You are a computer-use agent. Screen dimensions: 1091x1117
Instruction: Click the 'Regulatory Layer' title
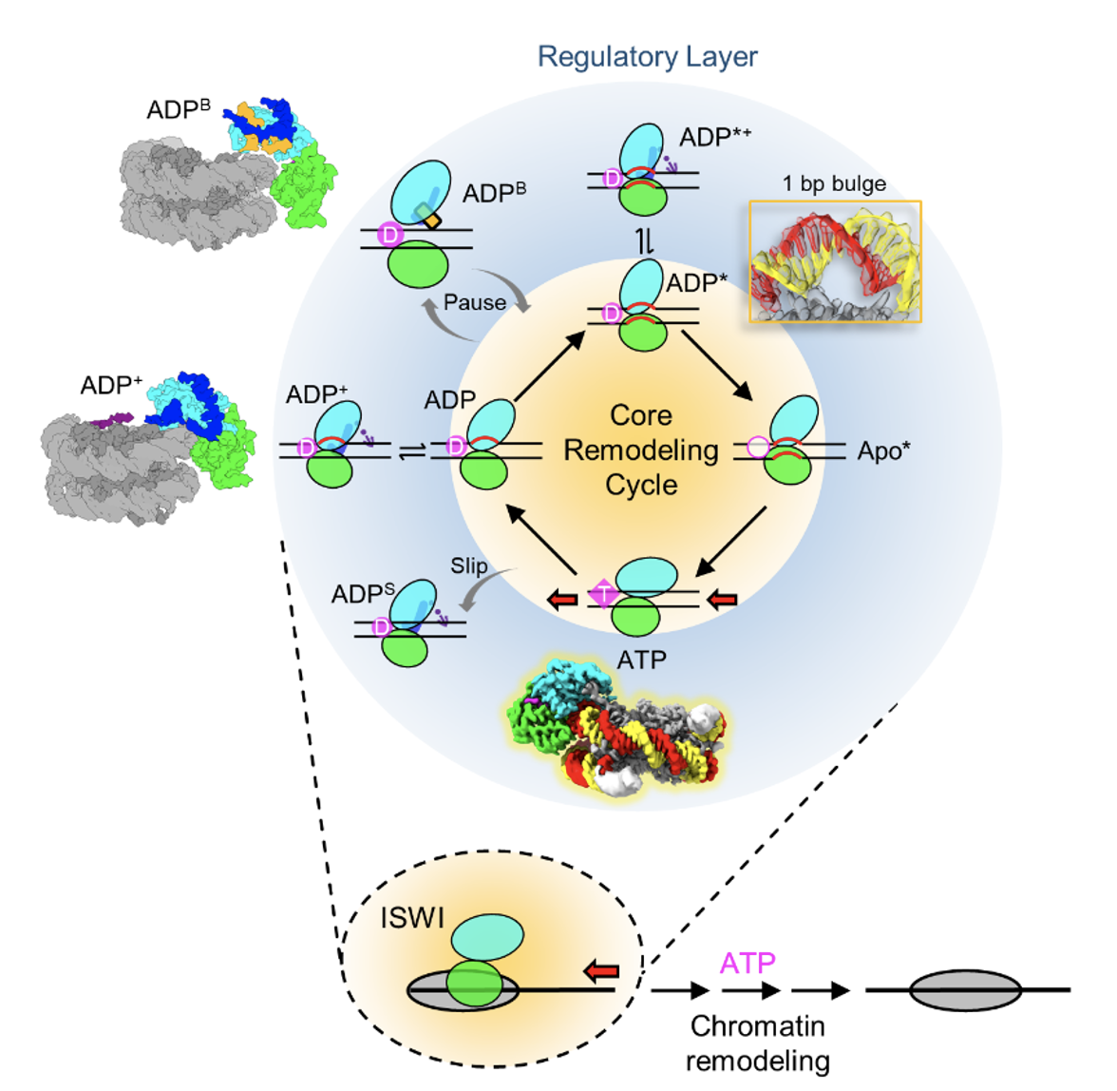(x=647, y=57)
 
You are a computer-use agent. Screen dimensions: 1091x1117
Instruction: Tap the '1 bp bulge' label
(x=834, y=184)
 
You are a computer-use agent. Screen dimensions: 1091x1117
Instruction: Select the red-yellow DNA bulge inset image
(x=835, y=261)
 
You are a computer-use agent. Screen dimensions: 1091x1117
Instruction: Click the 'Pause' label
(x=475, y=303)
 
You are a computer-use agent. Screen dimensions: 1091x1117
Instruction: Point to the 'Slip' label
(x=469, y=566)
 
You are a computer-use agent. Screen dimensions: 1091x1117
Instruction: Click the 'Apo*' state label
(x=883, y=451)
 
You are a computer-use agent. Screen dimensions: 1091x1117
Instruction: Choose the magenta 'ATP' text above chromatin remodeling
(x=748, y=964)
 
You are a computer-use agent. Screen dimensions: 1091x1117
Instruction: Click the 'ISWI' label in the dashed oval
(x=412, y=918)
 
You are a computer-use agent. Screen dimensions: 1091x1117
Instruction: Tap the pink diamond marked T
(x=603, y=595)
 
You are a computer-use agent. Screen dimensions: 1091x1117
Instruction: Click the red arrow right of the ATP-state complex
(x=723, y=599)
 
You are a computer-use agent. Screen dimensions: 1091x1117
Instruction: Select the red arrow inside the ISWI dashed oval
(x=601, y=970)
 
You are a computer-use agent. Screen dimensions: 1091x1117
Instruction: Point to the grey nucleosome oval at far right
(x=965, y=990)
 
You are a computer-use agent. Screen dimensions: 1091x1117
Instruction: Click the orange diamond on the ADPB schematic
(x=431, y=221)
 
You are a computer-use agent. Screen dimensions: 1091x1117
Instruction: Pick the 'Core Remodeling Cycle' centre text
(x=641, y=450)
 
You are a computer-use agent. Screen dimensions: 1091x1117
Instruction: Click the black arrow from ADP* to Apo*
(x=716, y=365)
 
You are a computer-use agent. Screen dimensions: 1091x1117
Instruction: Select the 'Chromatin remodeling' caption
(x=757, y=1043)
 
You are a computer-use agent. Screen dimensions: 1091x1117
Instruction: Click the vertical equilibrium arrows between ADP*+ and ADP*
(x=645, y=242)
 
